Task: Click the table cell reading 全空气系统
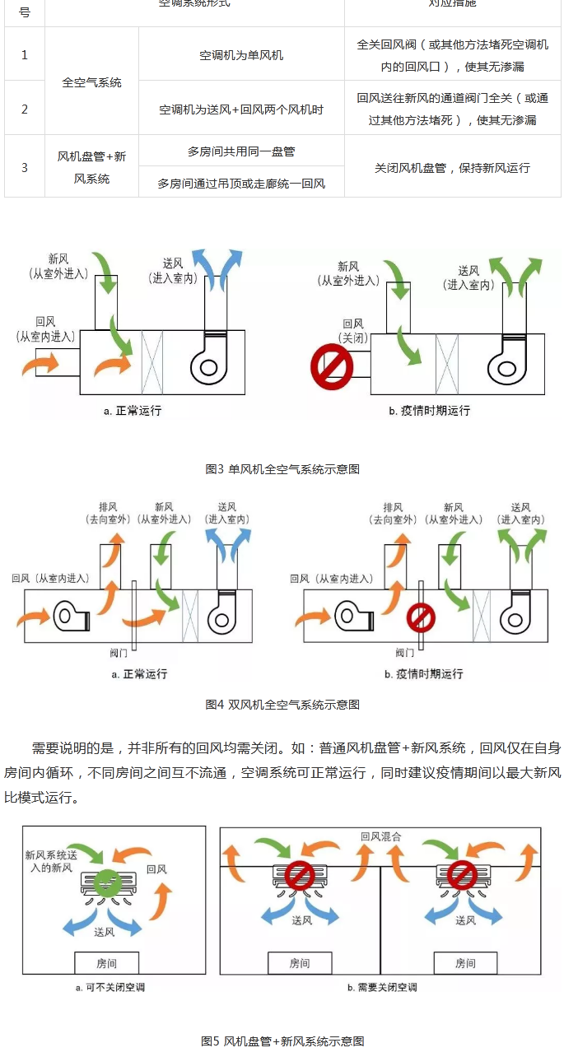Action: click(91, 82)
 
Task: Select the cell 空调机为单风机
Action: click(241, 55)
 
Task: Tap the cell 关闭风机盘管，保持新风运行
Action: click(452, 167)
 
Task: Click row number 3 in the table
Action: click(25, 167)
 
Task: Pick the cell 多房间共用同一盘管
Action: click(241, 151)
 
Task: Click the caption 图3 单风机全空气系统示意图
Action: click(282, 468)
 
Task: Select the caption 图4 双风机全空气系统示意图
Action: click(282, 704)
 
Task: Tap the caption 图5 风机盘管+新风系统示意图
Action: click(282, 1041)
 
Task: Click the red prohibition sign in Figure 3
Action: click(332, 368)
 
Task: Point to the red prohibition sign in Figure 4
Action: click(422, 617)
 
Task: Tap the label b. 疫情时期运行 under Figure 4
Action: click(423, 673)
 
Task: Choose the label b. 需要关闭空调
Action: click(381, 987)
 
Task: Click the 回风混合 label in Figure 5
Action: click(380, 836)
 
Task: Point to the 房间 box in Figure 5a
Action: click(107, 962)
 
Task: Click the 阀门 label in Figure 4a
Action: click(119, 653)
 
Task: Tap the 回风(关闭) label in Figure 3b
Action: click(352, 331)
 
